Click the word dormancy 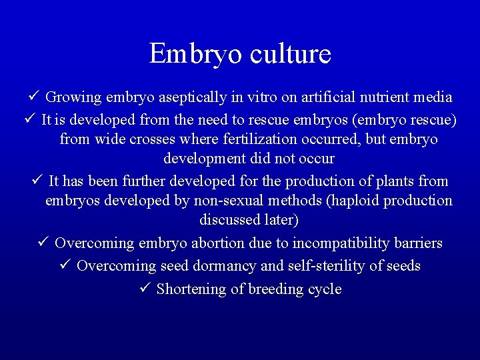click(225, 266)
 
